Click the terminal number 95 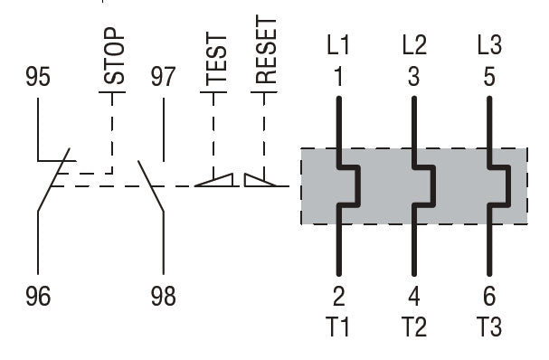coord(38,78)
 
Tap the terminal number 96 coord(38,297)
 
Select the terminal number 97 coord(163,78)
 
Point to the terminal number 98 coord(163,297)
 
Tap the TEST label coord(215,56)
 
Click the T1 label coord(338,327)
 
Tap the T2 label coord(413,327)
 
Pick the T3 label coord(489,327)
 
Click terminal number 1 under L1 coord(338,77)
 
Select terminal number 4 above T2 coord(413,297)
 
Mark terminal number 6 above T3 coord(489,297)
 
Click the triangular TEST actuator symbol coord(215,180)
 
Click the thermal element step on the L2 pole coord(424,185)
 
